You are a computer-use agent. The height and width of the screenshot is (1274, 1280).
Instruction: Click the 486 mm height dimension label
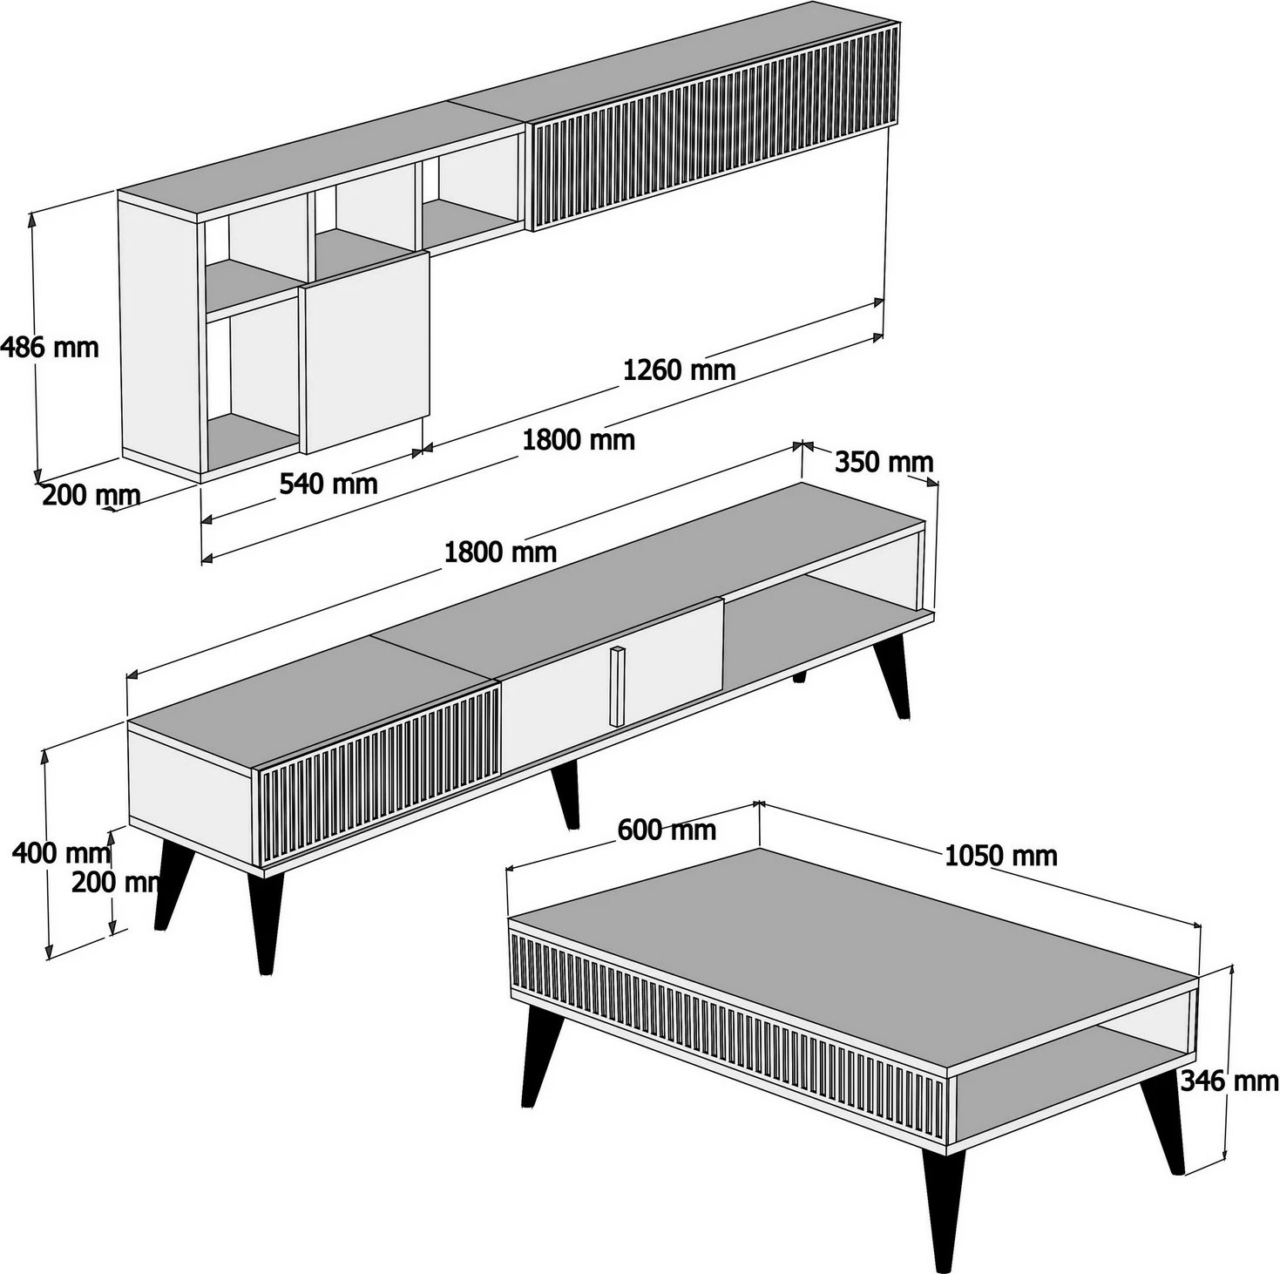point(50,348)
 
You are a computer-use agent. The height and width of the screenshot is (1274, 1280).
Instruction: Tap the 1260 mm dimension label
point(679,370)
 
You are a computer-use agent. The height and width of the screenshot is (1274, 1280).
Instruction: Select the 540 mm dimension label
point(328,482)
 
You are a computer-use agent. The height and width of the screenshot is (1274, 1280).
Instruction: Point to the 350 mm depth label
point(884,462)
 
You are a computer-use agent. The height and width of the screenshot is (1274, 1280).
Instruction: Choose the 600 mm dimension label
point(667,830)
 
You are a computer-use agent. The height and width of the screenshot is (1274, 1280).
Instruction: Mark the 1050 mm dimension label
point(1001,856)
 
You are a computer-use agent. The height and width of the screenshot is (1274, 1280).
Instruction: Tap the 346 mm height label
point(1229,1081)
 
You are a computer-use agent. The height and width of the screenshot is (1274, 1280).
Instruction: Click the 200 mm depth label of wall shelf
point(91,495)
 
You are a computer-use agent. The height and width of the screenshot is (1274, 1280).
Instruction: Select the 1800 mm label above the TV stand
point(500,551)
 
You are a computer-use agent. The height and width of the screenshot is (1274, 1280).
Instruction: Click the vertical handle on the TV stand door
point(617,686)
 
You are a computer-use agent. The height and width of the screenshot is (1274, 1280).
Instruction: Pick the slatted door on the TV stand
point(379,778)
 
